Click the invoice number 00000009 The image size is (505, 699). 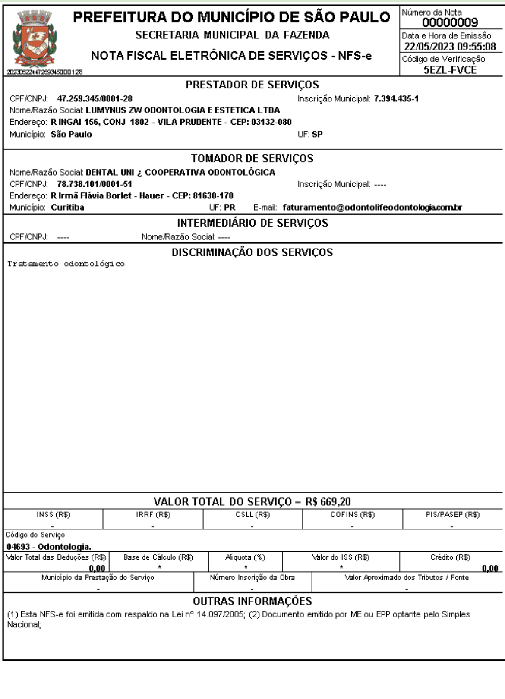(450, 23)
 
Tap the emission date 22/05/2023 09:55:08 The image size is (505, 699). (450, 47)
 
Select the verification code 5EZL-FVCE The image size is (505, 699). (450, 70)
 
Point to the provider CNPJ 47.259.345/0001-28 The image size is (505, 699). (95, 99)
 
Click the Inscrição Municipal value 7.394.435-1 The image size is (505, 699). (396, 99)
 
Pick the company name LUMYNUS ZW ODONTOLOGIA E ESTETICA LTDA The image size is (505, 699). (183, 110)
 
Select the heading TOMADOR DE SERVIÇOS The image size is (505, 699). (252, 158)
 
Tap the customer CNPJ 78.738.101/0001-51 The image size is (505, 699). (94, 184)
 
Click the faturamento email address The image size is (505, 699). (372, 208)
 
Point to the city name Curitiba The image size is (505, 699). (67, 208)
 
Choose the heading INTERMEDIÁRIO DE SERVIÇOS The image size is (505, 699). (252, 223)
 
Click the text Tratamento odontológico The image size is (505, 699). (66, 264)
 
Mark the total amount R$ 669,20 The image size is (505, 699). (328, 502)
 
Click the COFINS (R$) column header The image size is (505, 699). (352, 515)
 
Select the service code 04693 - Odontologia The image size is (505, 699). (49, 547)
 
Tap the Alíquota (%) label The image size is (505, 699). (245, 557)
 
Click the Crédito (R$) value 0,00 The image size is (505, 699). (490, 568)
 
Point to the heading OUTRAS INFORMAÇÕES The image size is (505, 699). (252, 601)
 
